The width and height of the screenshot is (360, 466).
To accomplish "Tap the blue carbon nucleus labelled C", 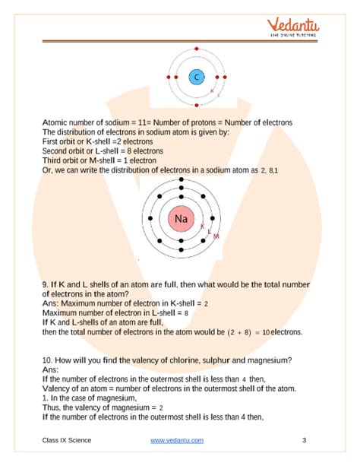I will pos(196,78).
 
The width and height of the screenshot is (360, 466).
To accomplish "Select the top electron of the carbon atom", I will pos(196,53).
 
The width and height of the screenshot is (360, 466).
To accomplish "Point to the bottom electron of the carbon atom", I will pos(196,102).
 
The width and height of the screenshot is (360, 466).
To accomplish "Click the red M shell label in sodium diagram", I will pos(216,236).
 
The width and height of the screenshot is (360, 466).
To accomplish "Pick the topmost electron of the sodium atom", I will pos(182,180).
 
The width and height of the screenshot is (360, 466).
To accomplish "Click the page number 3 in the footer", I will pos(304,440).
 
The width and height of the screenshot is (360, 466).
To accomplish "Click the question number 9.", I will pos(46,284).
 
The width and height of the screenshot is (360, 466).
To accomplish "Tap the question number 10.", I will pos(49,360).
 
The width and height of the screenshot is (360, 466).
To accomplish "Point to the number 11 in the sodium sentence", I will pos(137,123).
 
